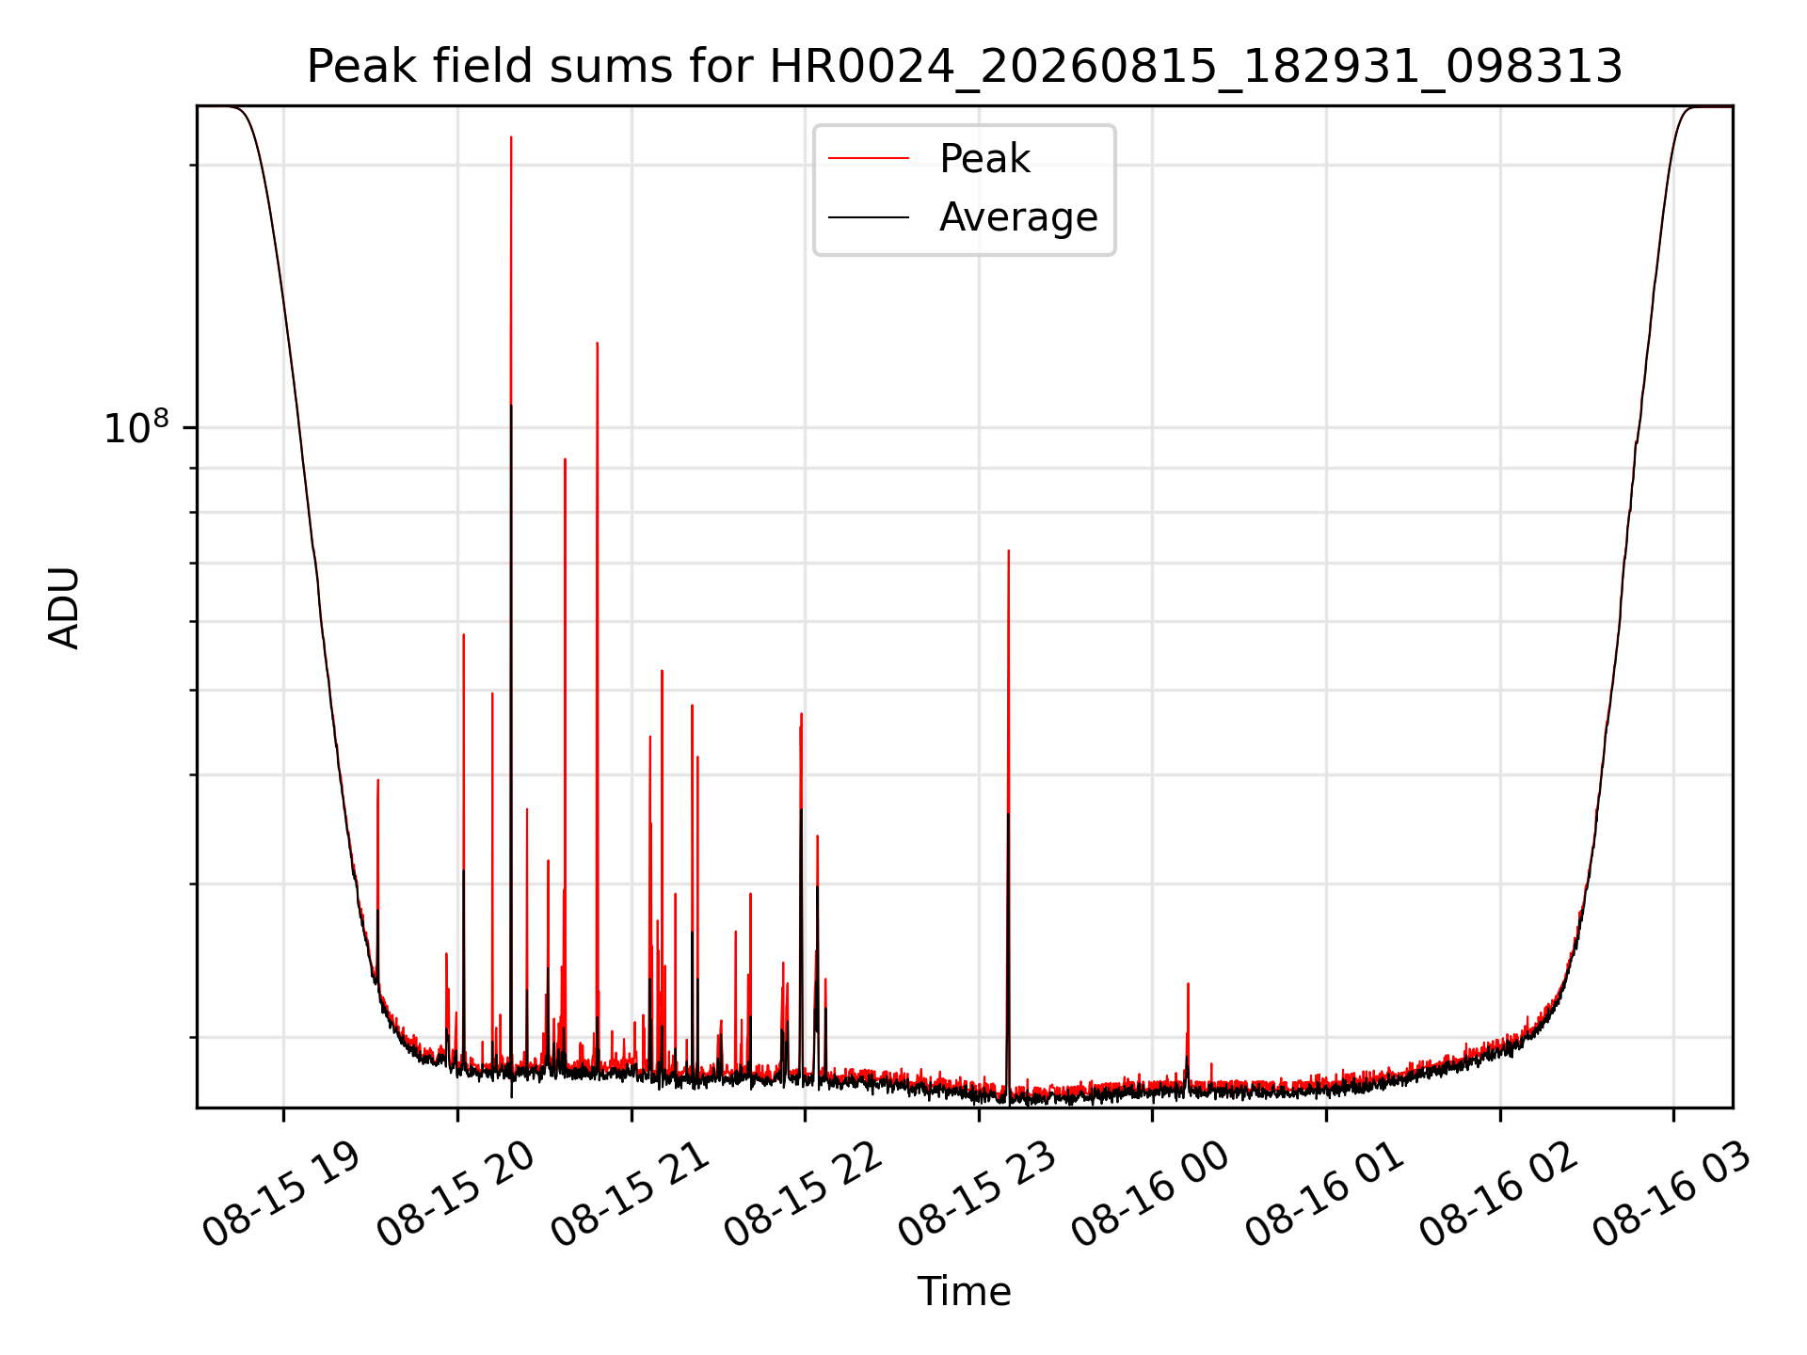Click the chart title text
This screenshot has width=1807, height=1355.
tap(965, 67)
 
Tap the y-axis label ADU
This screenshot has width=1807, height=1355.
tap(64, 607)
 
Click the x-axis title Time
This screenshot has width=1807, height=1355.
tap(965, 1292)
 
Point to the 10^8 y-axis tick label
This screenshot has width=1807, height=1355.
tap(136, 427)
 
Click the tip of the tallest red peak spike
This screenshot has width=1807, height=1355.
tap(511, 137)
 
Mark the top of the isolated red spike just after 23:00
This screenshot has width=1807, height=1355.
tap(1008, 550)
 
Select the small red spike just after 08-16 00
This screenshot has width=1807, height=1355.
tap(1188, 984)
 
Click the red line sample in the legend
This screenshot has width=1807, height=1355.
tap(869, 159)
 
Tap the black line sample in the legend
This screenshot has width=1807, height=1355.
tap(869, 217)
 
